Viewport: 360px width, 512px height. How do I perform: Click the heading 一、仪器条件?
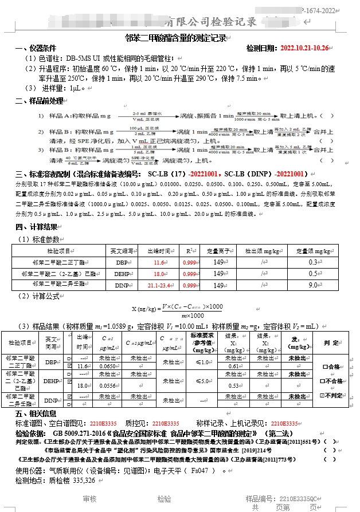pos(36,48)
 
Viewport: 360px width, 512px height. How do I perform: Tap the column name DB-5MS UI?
pos(85,58)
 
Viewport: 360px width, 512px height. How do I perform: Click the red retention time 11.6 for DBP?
pos(159,262)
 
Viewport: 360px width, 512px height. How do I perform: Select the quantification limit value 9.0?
pos(313,285)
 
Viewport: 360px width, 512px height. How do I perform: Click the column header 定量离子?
pos(218,251)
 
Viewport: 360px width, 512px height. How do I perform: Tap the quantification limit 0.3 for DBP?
pos(313,262)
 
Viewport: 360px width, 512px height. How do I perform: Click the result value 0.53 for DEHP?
pos(233,385)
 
